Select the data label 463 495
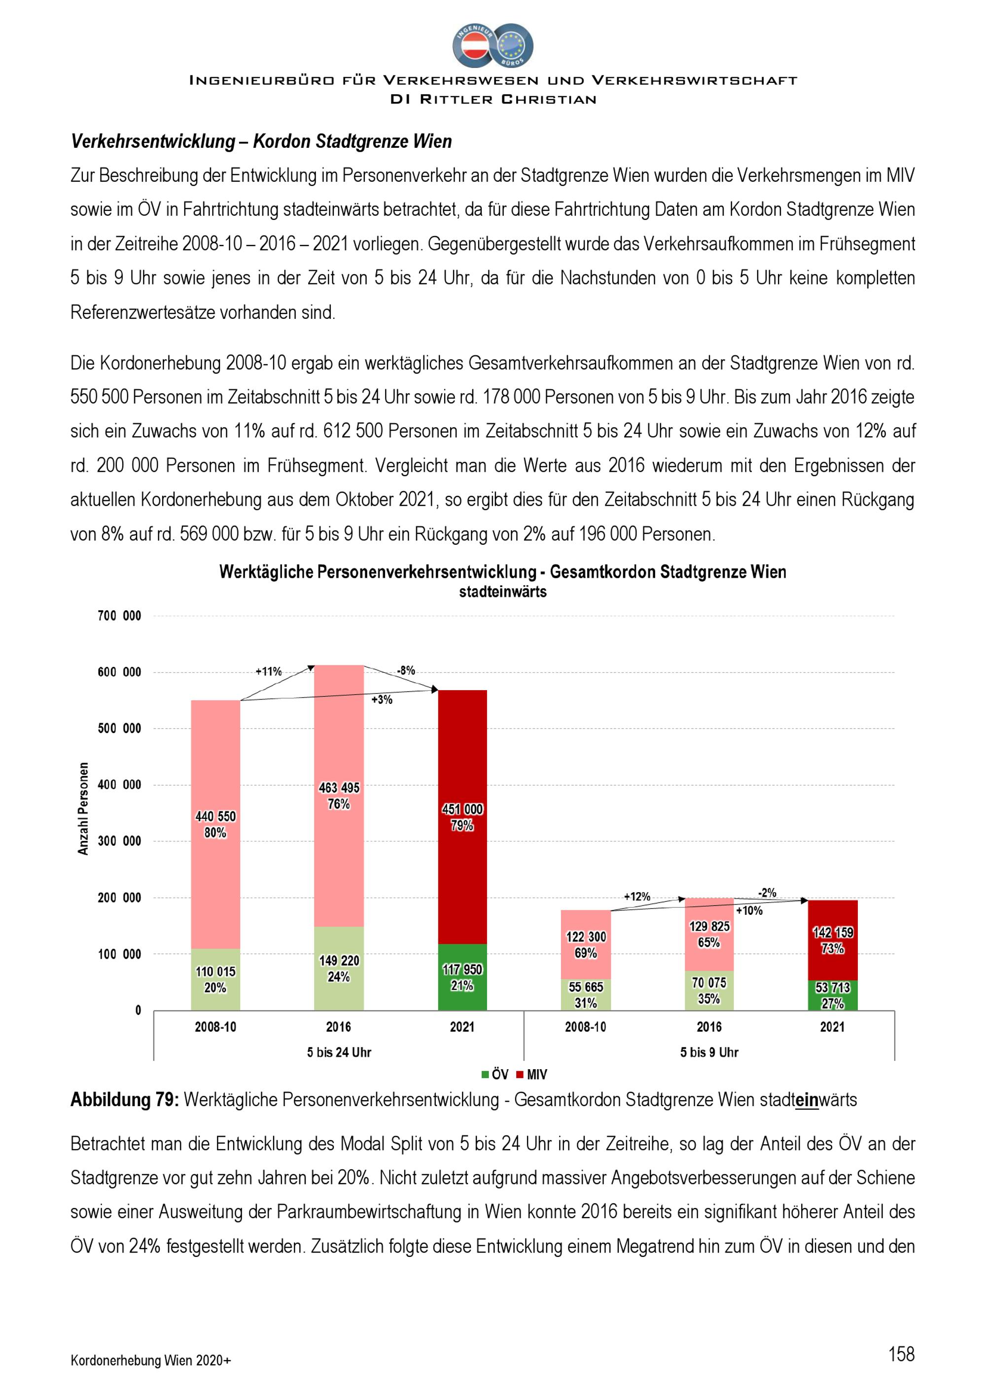tap(339, 788)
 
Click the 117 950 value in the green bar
tap(462, 970)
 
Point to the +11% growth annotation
tap(268, 671)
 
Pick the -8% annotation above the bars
tap(406, 670)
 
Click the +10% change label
tap(749, 911)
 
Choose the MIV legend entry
tap(532, 1075)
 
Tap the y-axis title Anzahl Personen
tap(83, 809)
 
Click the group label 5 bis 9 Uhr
tap(709, 1052)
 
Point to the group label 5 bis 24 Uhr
tap(339, 1052)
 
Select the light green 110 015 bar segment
tap(215, 979)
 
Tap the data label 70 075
tap(709, 982)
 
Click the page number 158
tap(901, 1354)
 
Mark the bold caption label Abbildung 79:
tap(124, 1100)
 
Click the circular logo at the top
tap(493, 45)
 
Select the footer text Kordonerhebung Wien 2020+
tap(150, 1360)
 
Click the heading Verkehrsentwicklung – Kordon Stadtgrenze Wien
tap(262, 141)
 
